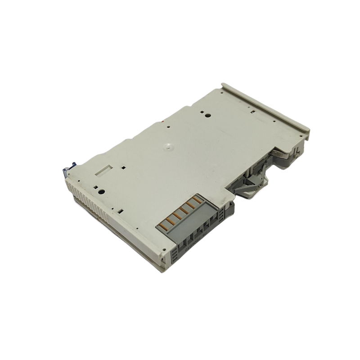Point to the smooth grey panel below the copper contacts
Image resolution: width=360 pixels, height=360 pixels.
(x=189, y=229)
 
